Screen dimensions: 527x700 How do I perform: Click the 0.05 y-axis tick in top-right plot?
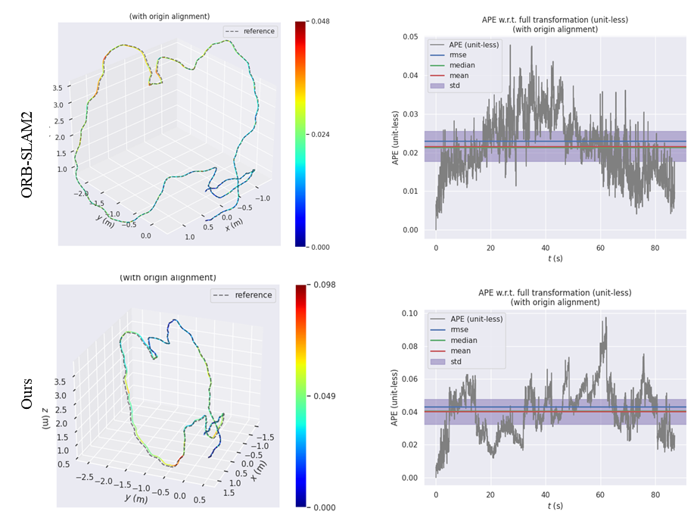coord(410,37)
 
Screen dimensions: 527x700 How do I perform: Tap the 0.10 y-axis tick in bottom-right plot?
coord(409,313)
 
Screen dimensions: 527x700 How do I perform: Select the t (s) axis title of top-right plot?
coord(555,259)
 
